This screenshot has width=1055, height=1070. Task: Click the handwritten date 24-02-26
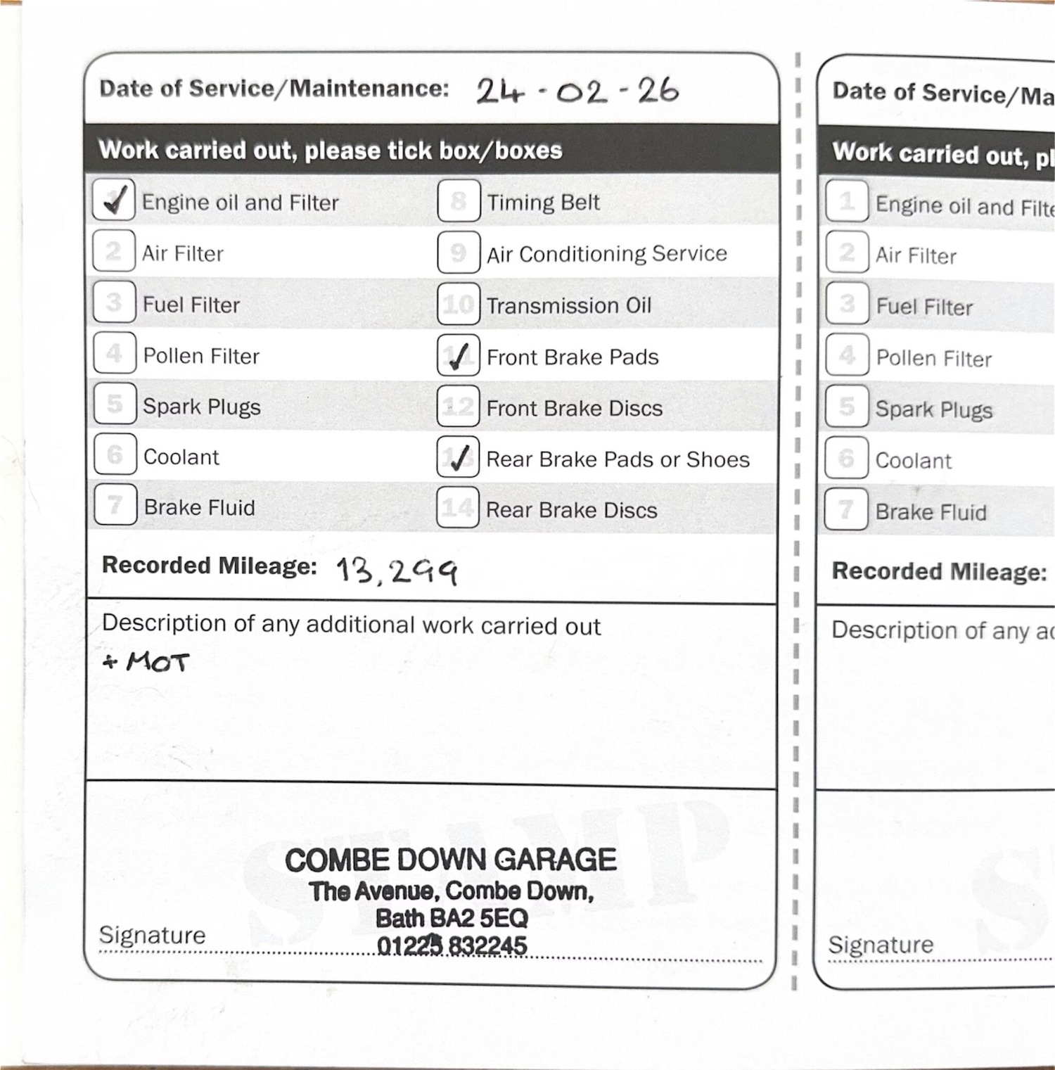pyautogui.click(x=577, y=91)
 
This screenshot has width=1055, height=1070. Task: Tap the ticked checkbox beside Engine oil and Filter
pyautogui.click(x=114, y=200)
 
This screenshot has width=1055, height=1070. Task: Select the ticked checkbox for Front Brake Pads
pyautogui.click(x=458, y=355)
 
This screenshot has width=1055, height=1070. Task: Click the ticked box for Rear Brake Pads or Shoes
pyautogui.click(x=458, y=457)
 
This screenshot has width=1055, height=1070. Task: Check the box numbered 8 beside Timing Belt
pyautogui.click(x=459, y=200)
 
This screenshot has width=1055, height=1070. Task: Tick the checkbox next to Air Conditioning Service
pyautogui.click(x=459, y=252)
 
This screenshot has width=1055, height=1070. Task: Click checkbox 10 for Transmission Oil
pyautogui.click(x=459, y=304)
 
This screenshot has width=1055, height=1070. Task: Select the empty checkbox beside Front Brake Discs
pyautogui.click(x=458, y=406)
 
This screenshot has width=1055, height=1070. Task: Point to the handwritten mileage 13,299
pyautogui.click(x=397, y=571)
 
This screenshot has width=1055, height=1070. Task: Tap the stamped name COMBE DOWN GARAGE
pyautogui.click(x=451, y=860)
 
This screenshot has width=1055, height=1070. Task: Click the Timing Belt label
pyautogui.click(x=543, y=203)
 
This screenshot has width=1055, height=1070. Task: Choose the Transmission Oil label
pyautogui.click(x=569, y=305)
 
